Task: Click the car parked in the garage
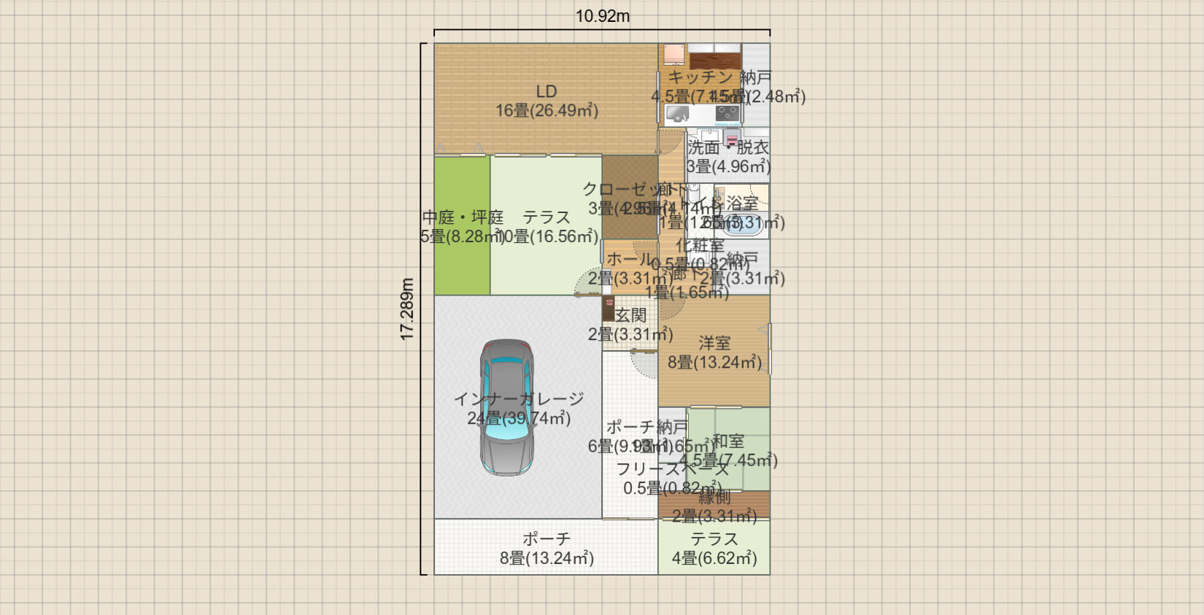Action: click(506, 407)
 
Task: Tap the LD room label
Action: click(547, 91)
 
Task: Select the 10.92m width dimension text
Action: click(602, 16)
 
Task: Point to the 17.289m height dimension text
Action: click(407, 309)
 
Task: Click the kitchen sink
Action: click(678, 114)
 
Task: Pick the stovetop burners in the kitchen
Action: click(727, 113)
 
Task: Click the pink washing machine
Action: click(731, 138)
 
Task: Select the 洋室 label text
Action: click(714, 343)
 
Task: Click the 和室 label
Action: click(728, 441)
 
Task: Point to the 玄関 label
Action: click(630, 315)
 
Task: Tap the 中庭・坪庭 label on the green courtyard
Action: click(463, 217)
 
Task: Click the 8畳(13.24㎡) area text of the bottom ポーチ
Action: click(547, 558)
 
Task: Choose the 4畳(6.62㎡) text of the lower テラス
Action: click(714, 558)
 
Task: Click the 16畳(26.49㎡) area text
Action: click(547, 111)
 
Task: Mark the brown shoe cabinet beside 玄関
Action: click(608, 309)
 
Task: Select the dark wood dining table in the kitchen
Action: click(714, 60)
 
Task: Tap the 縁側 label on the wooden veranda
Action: click(714, 498)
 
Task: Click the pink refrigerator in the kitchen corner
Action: click(674, 55)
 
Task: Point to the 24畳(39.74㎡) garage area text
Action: click(519, 418)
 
